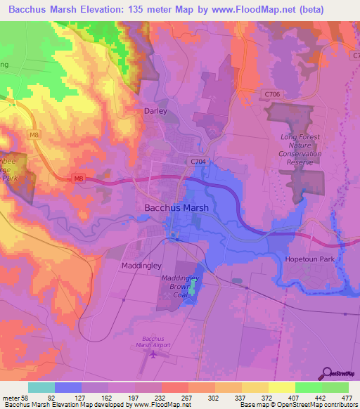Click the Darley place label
click(155, 111)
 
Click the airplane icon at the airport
click(154, 353)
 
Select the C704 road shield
click(198, 161)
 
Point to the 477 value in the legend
click(347, 398)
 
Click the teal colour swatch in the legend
click(41, 387)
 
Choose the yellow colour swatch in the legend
click(282, 387)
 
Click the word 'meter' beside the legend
click(10, 398)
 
